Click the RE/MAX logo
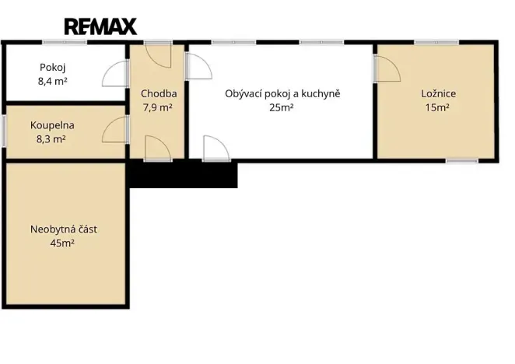tap(100, 26)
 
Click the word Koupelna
tap(53, 125)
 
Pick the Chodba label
tap(158, 94)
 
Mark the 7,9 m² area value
tap(157, 108)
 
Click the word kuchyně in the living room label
tap(318, 94)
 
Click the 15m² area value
tap(436, 108)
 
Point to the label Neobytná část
tap(64, 229)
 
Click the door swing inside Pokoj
tap(115, 73)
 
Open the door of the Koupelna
tap(115, 130)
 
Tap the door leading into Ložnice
tap(387, 71)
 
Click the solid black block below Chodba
tap(182, 175)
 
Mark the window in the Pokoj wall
tap(65, 41)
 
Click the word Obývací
tap(243, 94)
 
